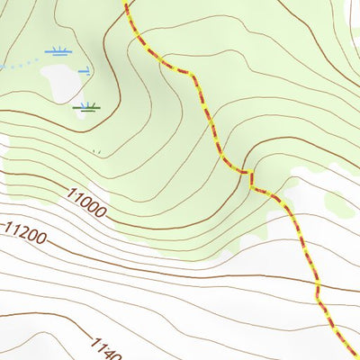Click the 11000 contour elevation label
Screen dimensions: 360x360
click(85, 202)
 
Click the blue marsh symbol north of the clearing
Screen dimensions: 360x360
click(59, 51)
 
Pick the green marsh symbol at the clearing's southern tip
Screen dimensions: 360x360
click(86, 107)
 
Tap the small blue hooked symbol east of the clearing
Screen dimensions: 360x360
click(84, 70)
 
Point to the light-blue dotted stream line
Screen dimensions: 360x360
click(18, 65)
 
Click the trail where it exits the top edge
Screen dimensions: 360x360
click(124, 3)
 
